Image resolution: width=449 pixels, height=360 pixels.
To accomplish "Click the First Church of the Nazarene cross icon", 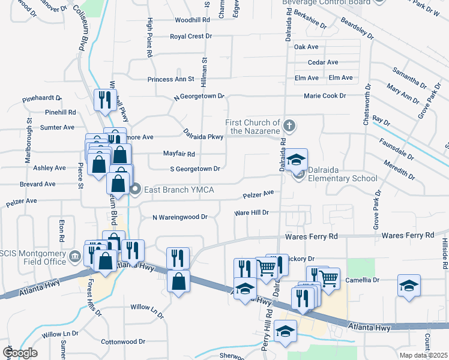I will click(289, 126).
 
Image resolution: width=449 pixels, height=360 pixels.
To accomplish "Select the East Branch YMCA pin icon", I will click(136, 190).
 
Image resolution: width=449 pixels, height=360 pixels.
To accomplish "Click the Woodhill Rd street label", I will click(192, 20).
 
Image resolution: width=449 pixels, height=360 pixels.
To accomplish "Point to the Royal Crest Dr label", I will click(191, 36).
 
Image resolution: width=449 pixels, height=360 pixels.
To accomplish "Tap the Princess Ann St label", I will click(171, 79).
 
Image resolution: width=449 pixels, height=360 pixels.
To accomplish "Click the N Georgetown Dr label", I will click(199, 96).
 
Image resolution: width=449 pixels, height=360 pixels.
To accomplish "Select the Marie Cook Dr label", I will click(325, 95).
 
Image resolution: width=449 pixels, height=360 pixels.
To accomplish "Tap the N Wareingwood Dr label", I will click(179, 217).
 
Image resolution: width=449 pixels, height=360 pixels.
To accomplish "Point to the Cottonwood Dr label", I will click(123, 341).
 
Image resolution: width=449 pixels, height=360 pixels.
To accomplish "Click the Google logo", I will click(19, 353).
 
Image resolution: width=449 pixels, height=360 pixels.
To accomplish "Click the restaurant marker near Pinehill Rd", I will click(106, 99).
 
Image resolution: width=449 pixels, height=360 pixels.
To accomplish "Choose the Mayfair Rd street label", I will click(179, 154).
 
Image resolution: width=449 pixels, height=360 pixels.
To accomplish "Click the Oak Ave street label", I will click(306, 47).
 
